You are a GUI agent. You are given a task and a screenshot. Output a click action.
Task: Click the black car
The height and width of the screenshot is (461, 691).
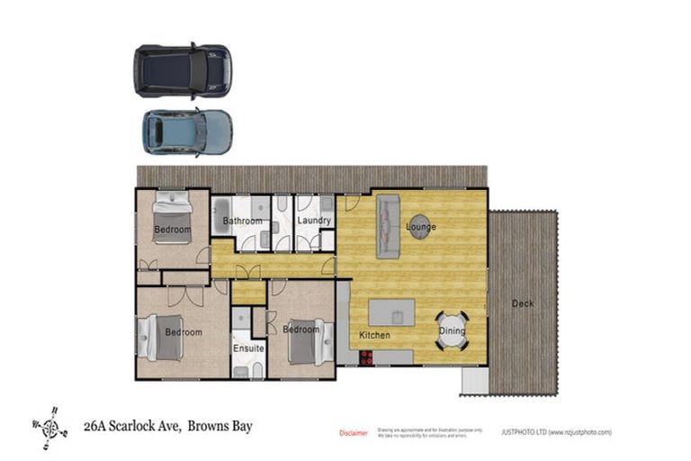pos(183,72)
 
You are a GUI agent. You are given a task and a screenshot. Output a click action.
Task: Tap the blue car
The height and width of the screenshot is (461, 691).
pos(187,132)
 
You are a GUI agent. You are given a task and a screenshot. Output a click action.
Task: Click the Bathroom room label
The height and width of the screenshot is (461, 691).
pos(242,221)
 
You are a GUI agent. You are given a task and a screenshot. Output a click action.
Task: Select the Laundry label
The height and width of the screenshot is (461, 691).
pos(313,221)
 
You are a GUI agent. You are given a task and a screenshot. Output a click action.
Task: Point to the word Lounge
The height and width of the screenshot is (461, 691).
pos(420,227)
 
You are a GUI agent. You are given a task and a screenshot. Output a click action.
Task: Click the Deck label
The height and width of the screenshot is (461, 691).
pos(523,303)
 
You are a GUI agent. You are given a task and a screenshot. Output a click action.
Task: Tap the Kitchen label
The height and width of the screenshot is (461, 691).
pos(374,335)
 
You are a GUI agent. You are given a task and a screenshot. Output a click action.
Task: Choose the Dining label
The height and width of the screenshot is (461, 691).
pos(452,330)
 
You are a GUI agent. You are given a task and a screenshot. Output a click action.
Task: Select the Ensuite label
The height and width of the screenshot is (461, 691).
pos(247,348)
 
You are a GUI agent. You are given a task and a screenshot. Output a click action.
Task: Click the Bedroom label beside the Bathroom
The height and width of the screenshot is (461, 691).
pos(172,230)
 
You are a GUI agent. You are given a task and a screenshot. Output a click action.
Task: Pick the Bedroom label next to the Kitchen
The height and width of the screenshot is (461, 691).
pos(301,330)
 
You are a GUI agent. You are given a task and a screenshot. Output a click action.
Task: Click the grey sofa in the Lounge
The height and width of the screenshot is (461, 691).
pos(387,226)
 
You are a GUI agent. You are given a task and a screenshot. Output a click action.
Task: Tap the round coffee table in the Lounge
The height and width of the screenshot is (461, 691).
pos(419,224)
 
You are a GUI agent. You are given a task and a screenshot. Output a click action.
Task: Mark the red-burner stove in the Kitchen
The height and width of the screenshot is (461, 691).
pos(367,357)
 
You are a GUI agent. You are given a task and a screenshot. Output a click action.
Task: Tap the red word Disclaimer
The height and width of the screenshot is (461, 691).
pos(353,433)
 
